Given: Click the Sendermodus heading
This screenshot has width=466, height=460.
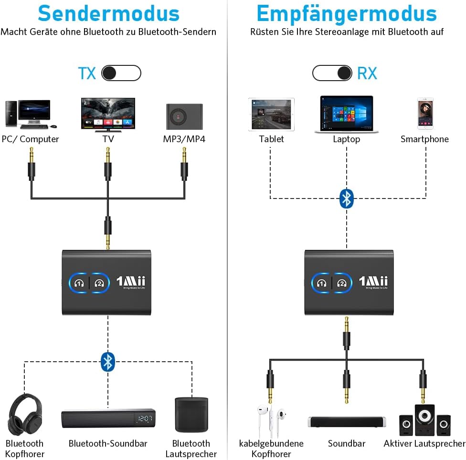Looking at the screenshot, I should (108, 13).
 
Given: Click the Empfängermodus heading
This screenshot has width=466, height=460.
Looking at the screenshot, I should (347, 13).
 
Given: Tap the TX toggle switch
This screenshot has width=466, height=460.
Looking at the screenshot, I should (121, 73).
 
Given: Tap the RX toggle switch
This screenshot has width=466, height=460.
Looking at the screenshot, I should (333, 73).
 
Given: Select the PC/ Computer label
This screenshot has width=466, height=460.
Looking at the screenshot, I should (30, 139).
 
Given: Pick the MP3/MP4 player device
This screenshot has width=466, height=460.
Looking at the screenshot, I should (184, 116).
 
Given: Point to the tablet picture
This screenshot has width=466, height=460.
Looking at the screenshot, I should (271, 115).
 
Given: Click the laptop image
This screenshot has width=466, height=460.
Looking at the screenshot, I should (347, 115).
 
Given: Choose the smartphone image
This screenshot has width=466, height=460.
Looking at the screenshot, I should (425, 114).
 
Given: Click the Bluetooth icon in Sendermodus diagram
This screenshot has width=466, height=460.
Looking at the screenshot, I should (108, 362).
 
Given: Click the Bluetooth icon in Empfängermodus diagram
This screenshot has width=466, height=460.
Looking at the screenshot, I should (346, 198).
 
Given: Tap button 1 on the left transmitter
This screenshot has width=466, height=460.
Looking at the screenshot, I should (79, 282).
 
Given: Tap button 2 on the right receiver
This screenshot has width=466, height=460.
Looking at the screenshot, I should (341, 282).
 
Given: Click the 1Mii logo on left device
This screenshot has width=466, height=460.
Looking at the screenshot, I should (131, 281).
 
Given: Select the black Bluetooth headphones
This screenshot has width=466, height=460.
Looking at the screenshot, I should (25, 414).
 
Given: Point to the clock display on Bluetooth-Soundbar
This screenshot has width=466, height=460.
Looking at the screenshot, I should (144, 418).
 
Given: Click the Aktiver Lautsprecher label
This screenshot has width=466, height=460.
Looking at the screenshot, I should (424, 444).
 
